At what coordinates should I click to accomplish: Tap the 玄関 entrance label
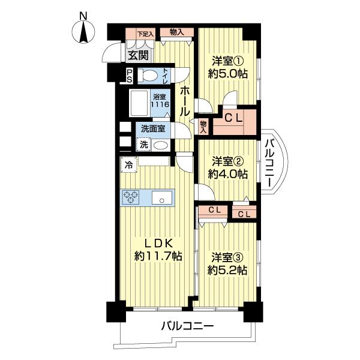[137, 55]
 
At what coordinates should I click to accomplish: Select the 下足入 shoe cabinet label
[145, 34]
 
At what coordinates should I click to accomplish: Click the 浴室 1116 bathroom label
[160, 100]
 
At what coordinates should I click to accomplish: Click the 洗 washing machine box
[144, 144]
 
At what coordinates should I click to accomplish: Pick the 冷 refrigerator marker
[128, 163]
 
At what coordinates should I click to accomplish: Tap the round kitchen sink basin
[160, 197]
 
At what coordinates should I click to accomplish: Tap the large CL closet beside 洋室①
[233, 118]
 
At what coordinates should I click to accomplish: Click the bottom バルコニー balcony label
[187, 327]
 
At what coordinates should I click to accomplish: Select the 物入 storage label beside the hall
[203, 126]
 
